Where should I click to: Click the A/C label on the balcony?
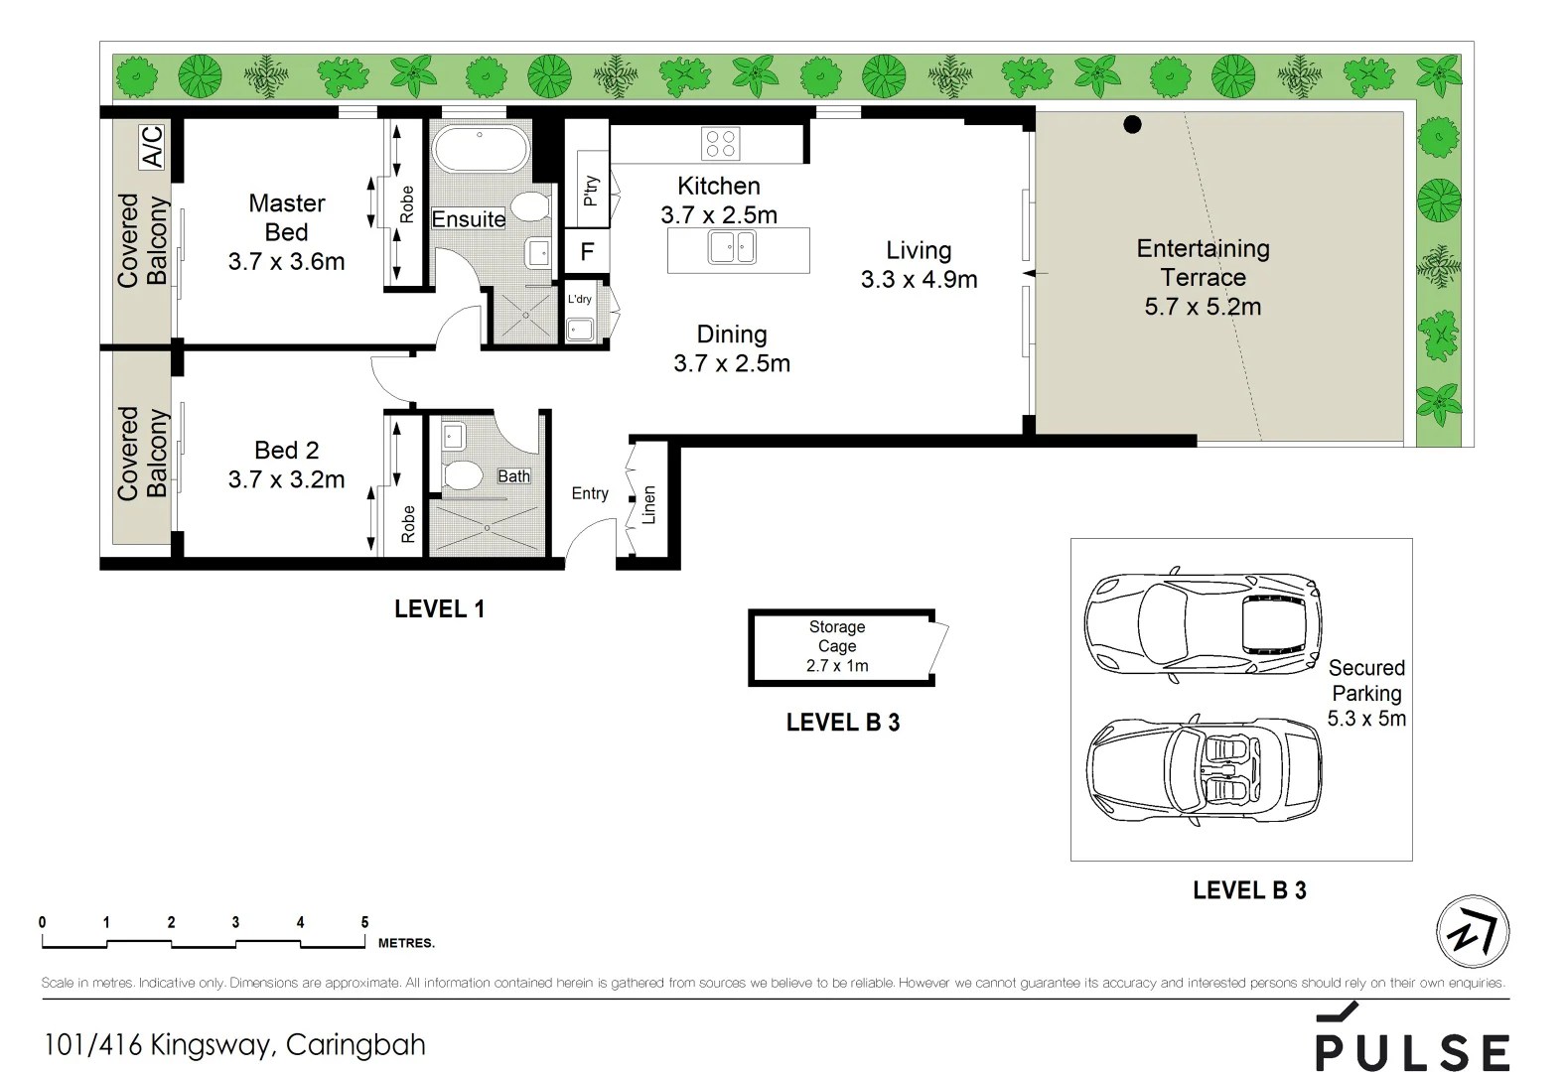click(x=152, y=147)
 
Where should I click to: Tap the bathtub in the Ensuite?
click(x=480, y=149)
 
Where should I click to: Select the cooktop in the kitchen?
click(x=721, y=144)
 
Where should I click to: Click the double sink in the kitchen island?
click(x=732, y=247)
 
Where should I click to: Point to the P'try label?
click(x=591, y=191)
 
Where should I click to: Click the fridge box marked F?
click(x=587, y=251)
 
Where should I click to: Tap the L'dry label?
click(x=580, y=299)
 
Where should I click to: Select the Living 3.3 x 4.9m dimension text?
click(x=919, y=279)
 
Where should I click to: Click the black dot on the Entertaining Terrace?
click(x=1132, y=125)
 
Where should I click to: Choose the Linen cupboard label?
click(x=649, y=504)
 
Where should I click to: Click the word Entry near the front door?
click(x=590, y=493)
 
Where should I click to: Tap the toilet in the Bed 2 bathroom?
click(x=462, y=474)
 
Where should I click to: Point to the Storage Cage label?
click(x=837, y=636)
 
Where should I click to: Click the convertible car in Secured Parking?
click(x=1205, y=771)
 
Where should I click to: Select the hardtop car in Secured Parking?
click(x=1203, y=624)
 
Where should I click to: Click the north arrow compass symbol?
click(x=1473, y=932)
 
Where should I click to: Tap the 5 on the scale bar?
click(x=364, y=922)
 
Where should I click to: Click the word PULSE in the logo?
click(x=1412, y=1051)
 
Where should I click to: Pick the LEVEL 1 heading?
click(x=439, y=608)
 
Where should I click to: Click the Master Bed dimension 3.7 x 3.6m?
click(x=286, y=262)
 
